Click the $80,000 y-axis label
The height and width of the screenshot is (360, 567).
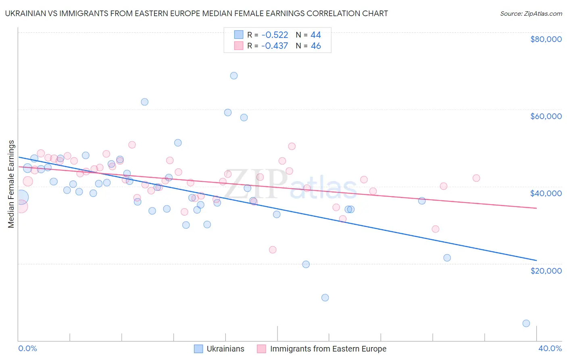tap(546, 39)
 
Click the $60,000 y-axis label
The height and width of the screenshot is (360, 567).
tap(546, 116)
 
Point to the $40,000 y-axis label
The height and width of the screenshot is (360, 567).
tap(546, 193)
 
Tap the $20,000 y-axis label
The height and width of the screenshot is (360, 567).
tap(546, 270)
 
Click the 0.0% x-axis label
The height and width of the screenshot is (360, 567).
tap(27, 348)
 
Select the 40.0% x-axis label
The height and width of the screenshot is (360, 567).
tap(550, 348)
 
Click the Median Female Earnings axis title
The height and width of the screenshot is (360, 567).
tap(11, 184)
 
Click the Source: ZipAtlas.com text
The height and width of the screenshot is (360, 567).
tap(531, 14)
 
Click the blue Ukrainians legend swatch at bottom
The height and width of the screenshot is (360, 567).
tap(198, 349)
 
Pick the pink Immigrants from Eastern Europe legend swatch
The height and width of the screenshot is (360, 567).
tap(262, 349)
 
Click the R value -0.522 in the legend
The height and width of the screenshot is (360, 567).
tap(274, 35)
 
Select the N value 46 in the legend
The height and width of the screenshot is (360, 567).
tap(316, 46)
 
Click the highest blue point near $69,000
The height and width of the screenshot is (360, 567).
tap(234, 75)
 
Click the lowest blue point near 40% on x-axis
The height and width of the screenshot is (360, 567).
tap(526, 323)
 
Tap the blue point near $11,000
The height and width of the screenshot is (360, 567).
tap(325, 297)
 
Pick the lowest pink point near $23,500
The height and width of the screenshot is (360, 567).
tap(273, 250)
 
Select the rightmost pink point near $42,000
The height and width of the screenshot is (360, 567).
tap(476, 178)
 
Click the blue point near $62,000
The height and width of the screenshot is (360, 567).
tap(145, 102)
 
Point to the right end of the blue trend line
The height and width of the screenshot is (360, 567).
tap(536, 260)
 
